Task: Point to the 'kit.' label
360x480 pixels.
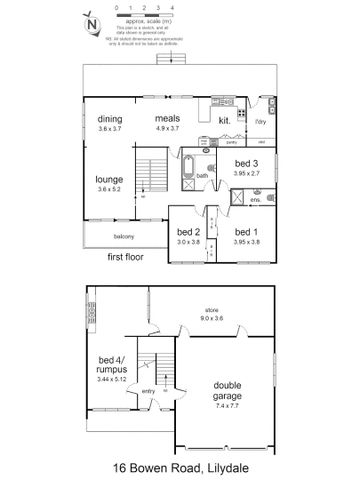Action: tap(224, 120)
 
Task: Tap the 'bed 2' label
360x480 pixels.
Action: tap(189, 231)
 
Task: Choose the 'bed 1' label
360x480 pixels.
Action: tap(246, 231)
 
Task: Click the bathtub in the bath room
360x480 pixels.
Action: tap(187, 176)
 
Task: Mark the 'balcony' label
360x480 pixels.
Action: tap(124, 236)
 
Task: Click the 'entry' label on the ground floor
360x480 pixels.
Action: tap(150, 390)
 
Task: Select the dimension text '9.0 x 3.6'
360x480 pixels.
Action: tap(211, 318)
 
